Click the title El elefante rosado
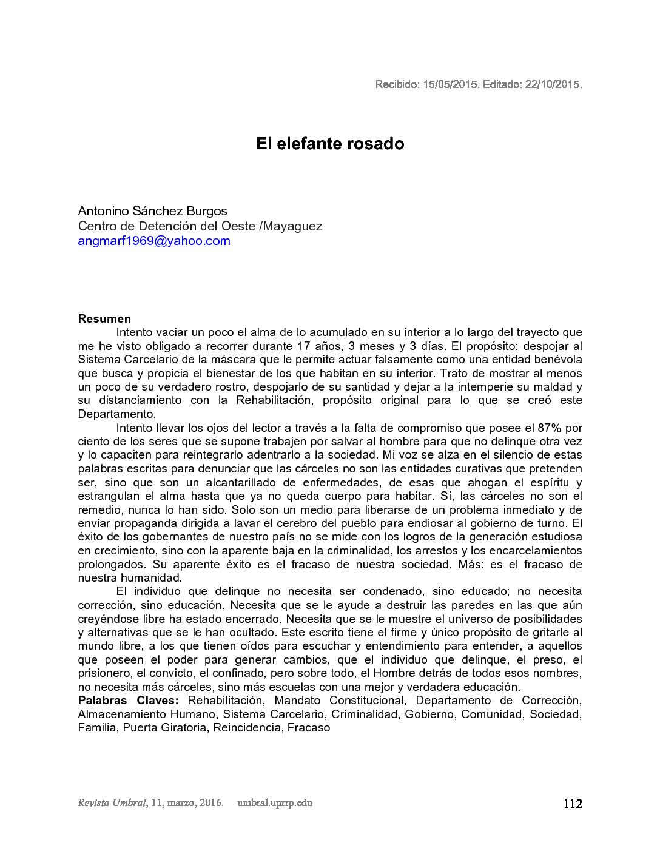[x=329, y=144]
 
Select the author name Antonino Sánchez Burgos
[x=152, y=211]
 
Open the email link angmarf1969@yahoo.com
[x=154, y=241]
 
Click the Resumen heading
[x=104, y=319]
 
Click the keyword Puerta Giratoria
[x=164, y=728]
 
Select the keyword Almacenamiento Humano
[x=146, y=714]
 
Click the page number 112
[x=573, y=804]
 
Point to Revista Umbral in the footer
[x=112, y=803]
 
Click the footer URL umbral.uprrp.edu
[x=275, y=803]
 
